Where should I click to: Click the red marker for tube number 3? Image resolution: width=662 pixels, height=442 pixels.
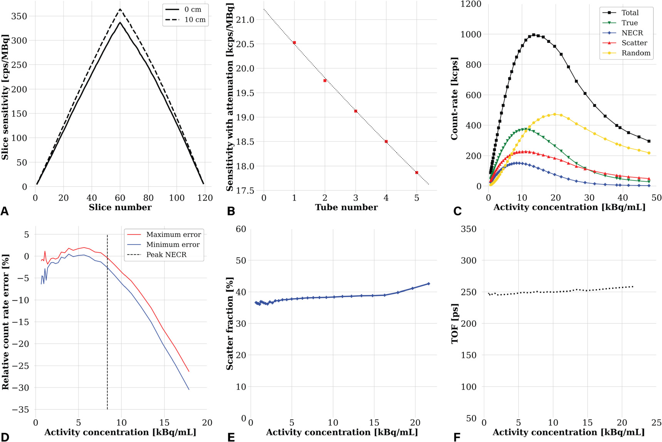(x=355, y=111)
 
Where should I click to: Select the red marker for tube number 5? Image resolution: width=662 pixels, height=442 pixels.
(x=417, y=172)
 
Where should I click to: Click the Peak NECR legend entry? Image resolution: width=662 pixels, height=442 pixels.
(x=166, y=255)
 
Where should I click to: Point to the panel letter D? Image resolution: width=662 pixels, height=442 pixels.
(x=5, y=437)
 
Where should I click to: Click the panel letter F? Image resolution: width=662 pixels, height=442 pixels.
(x=457, y=437)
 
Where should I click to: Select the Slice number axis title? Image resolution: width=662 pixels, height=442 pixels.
(x=120, y=208)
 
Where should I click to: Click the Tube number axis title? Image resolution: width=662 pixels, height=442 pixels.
(x=346, y=208)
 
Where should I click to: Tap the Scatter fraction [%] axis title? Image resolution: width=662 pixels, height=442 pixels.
(x=230, y=323)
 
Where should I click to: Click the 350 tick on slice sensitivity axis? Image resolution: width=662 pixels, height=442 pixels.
(x=20, y=16)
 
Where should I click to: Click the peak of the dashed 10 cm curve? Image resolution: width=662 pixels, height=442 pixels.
(x=120, y=9)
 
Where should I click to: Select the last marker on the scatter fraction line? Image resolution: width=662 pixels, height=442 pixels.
(x=428, y=284)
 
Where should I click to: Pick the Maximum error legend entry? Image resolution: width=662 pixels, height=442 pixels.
(x=173, y=234)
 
